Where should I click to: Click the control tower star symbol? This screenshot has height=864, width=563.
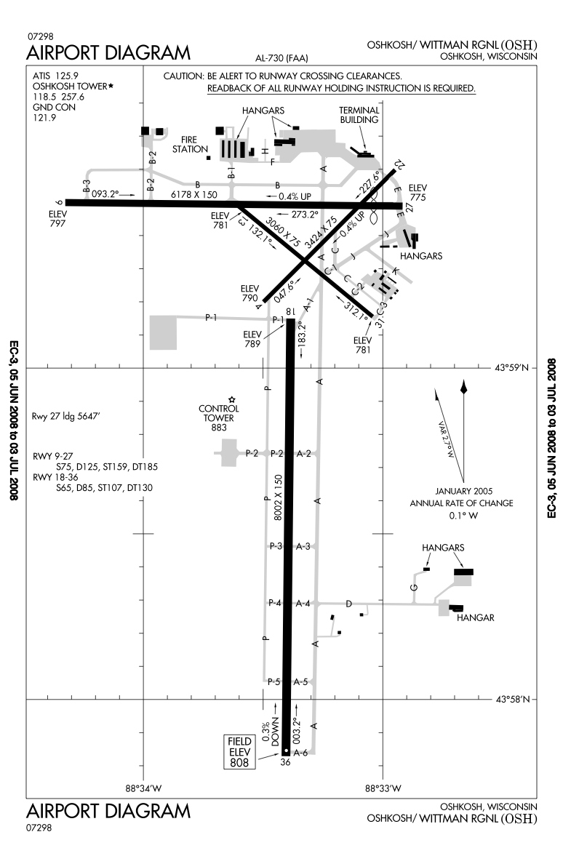[232, 399]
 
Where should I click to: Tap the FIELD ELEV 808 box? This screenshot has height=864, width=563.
[239, 752]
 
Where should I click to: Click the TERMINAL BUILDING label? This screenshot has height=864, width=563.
[360, 114]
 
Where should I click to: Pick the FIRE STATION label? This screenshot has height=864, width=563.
[185, 144]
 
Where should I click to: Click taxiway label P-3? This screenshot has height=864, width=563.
[276, 545]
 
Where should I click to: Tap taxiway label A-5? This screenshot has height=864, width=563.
[301, 681]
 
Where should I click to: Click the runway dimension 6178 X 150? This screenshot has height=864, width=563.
[194, 194]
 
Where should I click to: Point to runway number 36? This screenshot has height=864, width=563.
[285, 763]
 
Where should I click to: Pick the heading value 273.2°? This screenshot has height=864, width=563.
[305, 215]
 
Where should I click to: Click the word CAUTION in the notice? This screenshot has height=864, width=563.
[184, 76]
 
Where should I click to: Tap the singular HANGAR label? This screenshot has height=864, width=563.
[476, 617]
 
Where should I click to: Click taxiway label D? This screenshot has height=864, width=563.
[348, 604]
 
